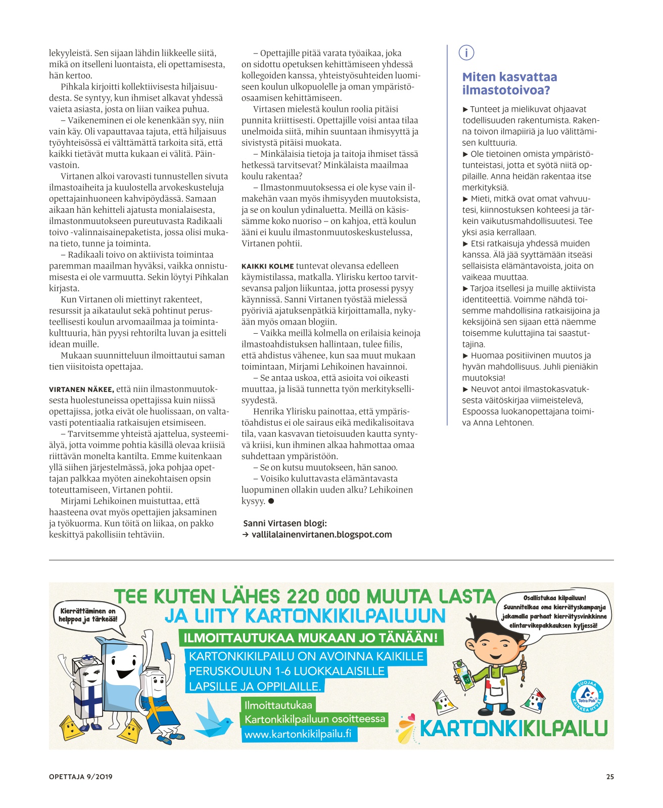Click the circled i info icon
pos(466,53)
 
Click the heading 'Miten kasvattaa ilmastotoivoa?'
pos(509,83)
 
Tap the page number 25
pos(610,777)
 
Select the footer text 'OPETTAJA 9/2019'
pos(81,777)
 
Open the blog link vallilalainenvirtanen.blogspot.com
pos(321,534)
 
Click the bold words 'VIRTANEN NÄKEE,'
pos(81,389)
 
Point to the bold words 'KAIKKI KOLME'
pos(267,266)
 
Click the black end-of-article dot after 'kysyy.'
pos(271,501)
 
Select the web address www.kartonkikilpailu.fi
pos(298,734)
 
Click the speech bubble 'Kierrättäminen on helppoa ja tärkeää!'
pos(88,616)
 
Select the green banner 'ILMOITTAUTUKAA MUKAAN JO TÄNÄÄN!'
pos(310,638)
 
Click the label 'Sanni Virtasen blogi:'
pos(285,523)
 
